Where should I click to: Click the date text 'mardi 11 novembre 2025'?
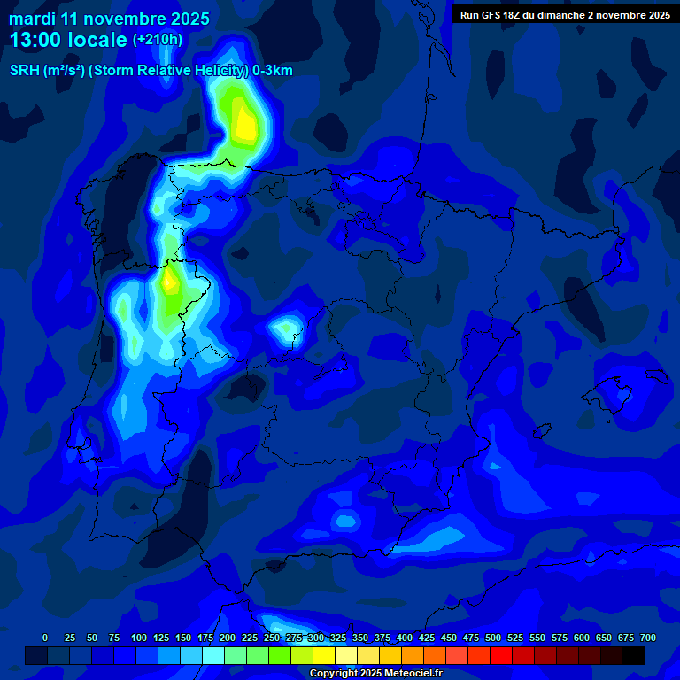109,19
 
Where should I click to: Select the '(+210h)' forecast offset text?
157,40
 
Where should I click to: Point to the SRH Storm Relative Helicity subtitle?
151,71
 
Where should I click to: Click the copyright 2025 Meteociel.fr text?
375,673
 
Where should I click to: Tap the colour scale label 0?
45,637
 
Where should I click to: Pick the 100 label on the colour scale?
139,637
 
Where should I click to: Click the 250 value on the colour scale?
272,637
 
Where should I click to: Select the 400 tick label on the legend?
405,637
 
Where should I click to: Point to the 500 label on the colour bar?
493,637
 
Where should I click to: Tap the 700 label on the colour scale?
648,637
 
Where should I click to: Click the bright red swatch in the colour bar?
501,655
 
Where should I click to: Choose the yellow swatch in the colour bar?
324,655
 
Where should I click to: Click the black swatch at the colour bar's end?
634,655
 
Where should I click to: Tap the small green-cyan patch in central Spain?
286,329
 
